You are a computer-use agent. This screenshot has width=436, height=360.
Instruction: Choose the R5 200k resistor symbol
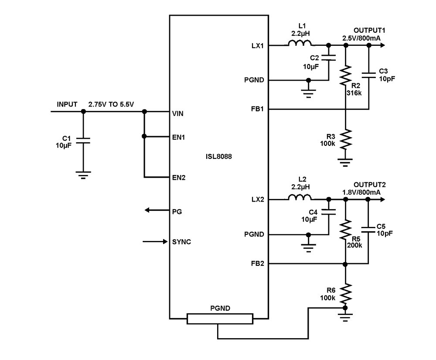346,230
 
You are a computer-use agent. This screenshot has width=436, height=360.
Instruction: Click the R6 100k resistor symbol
346,293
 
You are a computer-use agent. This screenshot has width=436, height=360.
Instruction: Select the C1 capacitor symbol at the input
83,141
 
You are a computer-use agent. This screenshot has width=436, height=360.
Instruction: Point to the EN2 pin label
179,178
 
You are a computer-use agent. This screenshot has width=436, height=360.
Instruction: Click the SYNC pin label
181,242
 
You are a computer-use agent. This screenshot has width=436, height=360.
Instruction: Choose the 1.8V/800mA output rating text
361,192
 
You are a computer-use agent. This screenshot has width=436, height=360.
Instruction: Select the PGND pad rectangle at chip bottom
220,319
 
